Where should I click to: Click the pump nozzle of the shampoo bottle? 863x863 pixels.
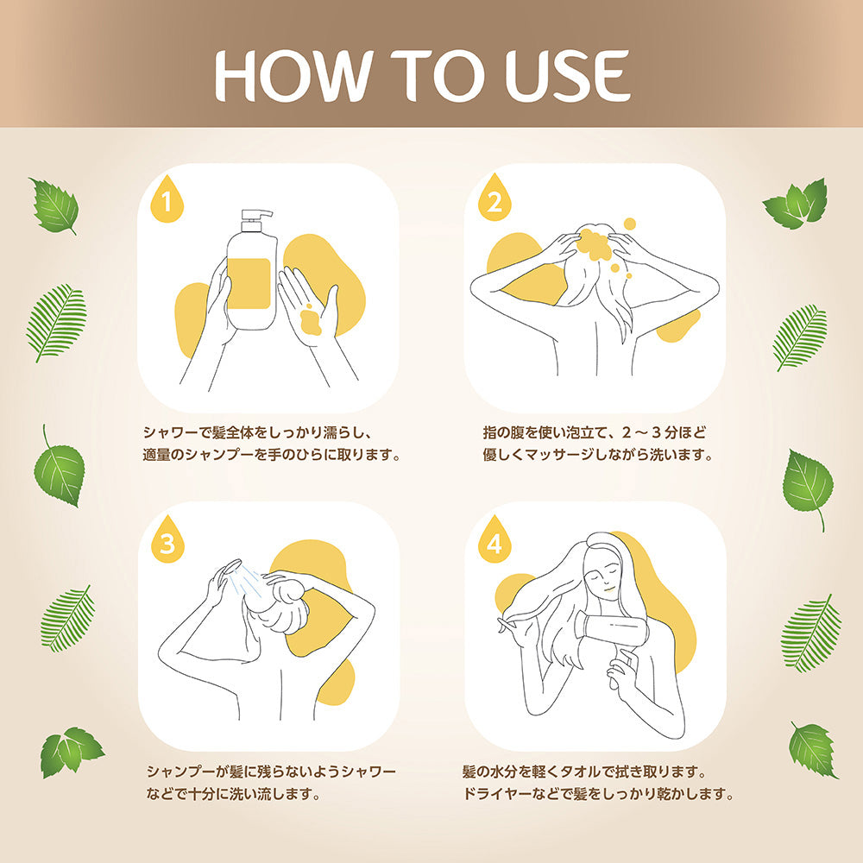coord(256,216)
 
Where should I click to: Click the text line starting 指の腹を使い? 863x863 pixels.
coord(600,431)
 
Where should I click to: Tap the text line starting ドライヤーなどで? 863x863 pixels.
coord(598,793)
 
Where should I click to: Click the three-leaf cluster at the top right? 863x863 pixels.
coord(796,205)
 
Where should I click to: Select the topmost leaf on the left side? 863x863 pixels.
coord(54,205)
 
